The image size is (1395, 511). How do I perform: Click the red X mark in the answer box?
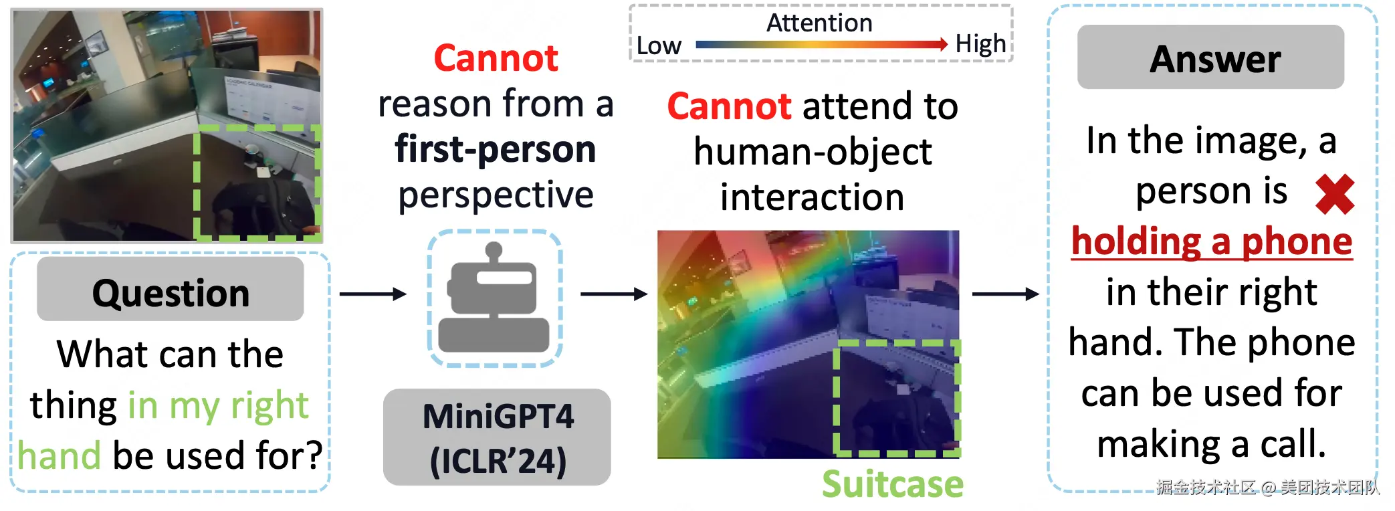(x=1335, y=195)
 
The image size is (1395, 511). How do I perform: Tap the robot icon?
(x=494, y=297)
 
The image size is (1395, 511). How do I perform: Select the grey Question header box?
(x=171, y=289)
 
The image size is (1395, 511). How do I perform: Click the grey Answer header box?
(x=1210, y=58)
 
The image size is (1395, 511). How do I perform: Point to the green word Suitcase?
(x=893, y=484)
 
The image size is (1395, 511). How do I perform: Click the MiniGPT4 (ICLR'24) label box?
(x=497, y=437)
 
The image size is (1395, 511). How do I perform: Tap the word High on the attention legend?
(x=980, y=44)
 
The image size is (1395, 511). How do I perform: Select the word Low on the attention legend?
(x=659, y=45)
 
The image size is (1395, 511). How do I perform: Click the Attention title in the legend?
(x=819, y=23)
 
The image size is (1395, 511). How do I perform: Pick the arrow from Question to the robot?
(x=373, y=294)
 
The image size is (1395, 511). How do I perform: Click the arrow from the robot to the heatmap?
(x=614, y=294)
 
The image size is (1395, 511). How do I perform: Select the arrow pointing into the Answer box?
(x=1006, y=294)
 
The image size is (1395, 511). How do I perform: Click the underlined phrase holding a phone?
(x=1212, y=242)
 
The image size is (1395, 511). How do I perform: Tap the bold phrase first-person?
(x=496, y=148)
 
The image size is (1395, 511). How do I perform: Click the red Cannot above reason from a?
(x=496, y=58)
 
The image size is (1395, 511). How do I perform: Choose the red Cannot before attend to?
(x=730, y=106)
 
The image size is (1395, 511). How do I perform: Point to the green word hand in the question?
(x=60, y=455)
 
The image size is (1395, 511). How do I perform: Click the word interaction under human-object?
(x=813, y=198)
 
